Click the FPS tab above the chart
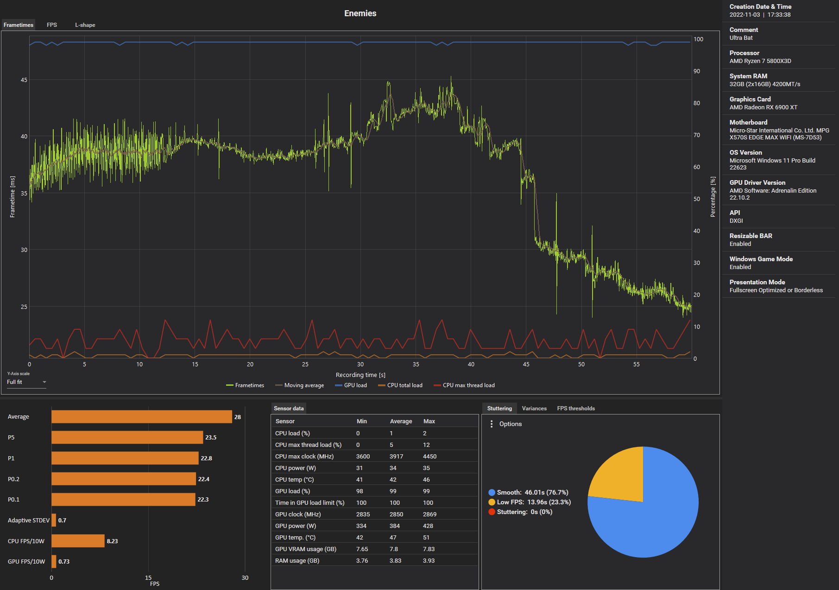pyautogui.click(x=52, y=25)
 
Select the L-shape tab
pyautogui.click(x=85, y=25)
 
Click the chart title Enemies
pyautogui.click(x=360, y=13)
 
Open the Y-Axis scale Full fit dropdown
pyautogui.click(x=26, y=382)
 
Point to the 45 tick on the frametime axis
pyautogui.click(x=24, y=80)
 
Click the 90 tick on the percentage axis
pyautogui.click(x=697, y=71)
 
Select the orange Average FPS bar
pyautogui.click(x=141, y=417)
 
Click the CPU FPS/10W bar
pyautogui.click(x=78, y=541)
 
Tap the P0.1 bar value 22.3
pyautogui.click(x=203, y=500)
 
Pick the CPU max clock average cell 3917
pyautogui.click(x=396, y=457)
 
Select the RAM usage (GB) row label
pyautogui.click(x=297, y=561)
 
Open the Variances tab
pyautogui.click(x=534, y=408)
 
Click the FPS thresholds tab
pyautogui.click(x=576, y=408)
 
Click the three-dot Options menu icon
pyautogui.click(x=492, y=424)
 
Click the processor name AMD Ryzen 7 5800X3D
pyautogui.click(x=760, y=61)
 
